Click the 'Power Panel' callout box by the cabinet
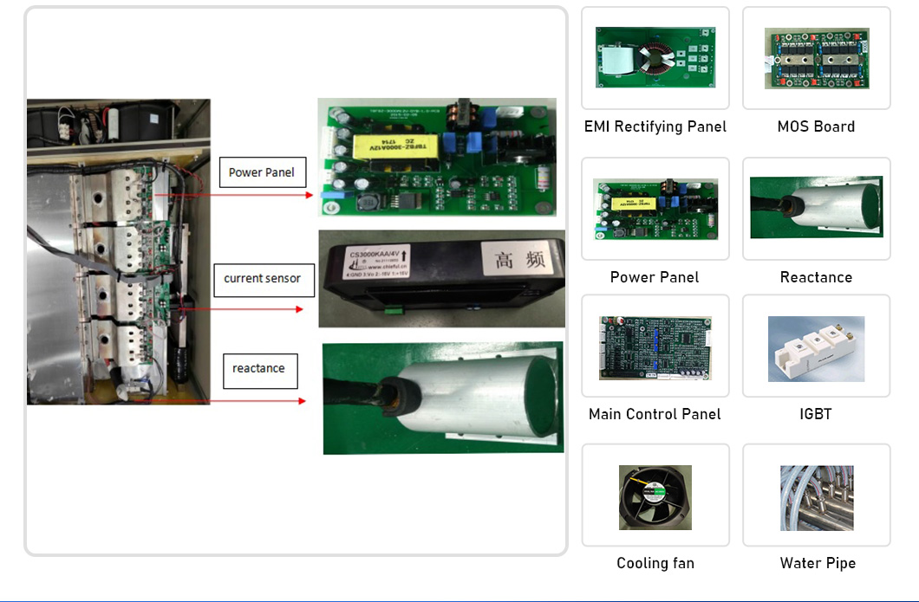point(262,172)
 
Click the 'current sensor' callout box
point(262,279)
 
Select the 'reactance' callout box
point(258,369)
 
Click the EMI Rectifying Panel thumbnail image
point(655,57)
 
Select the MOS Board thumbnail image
point(816,58)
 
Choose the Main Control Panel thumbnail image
point(655,347)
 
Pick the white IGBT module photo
point(816,349)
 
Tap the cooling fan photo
point(655,497)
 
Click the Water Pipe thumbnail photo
point(816,497)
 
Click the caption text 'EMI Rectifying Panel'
point(655,126)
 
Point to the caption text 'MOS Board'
point(816,126)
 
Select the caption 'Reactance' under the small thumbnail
point(816,277)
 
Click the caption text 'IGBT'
point(816,414)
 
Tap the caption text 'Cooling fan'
point(655,563)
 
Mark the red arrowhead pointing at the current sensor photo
point(299,309)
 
